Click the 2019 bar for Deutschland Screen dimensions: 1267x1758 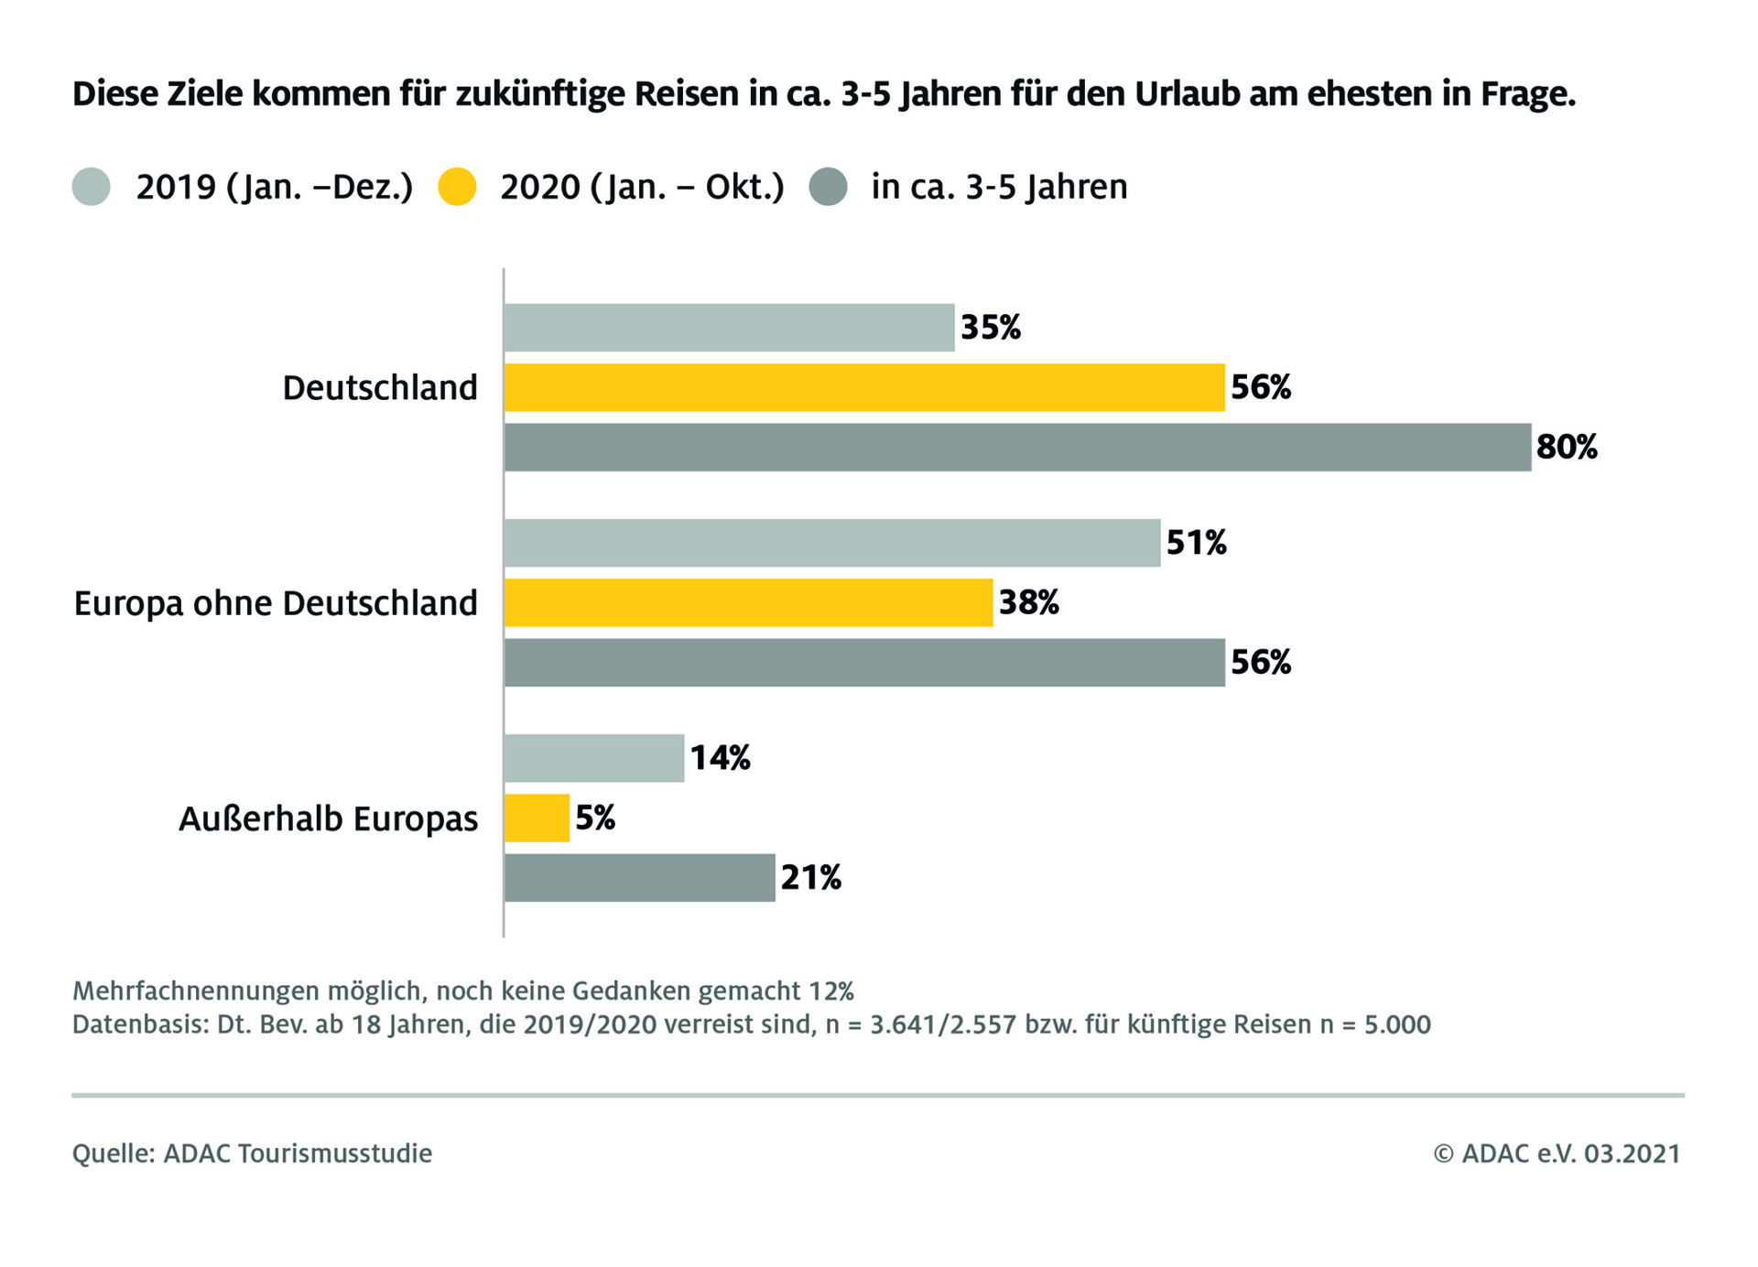click(729, 328)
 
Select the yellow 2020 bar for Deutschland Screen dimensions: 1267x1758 click(864, 387)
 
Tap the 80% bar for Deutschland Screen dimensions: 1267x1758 click(1017, 447)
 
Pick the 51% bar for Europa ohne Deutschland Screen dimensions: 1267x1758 click(831, 543)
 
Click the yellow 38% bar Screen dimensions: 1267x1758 click(748, 602)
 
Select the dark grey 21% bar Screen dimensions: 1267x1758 click(639, 877)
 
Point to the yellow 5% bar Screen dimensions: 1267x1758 click(537, 818)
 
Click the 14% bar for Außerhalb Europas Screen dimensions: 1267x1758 click(593, 758)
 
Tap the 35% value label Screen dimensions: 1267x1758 click(991, 328)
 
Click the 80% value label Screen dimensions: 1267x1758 click(1567, 447)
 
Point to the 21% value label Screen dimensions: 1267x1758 click(811, 877)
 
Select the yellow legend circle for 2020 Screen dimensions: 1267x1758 click(458, 187)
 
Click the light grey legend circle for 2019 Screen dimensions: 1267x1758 click(92, 187)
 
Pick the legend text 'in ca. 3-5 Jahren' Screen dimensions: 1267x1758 click(999, 187)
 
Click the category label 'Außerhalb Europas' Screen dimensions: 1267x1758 click(328, 818)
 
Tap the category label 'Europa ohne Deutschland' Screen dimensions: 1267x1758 click(276, 603)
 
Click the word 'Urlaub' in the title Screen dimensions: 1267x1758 click(1188, 94)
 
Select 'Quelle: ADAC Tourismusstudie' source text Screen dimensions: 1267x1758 click(252, 1153)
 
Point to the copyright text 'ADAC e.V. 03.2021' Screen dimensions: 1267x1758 click(1569, 1153)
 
